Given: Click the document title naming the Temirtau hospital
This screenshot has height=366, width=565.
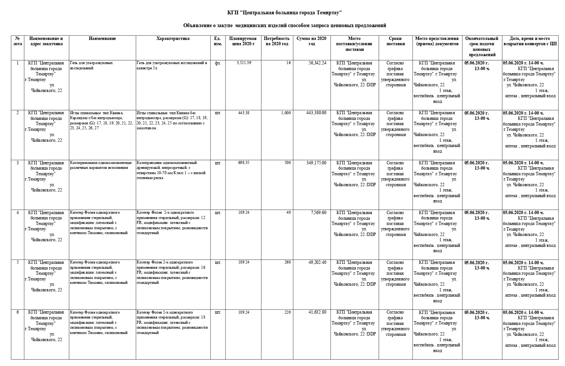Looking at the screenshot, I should coord(285,13).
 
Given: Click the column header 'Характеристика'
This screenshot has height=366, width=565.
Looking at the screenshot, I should coord(173,38).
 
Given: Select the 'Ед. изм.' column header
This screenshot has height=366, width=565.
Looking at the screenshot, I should coord(217,41).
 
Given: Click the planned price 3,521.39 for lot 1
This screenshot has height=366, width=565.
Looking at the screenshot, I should coord(244,63).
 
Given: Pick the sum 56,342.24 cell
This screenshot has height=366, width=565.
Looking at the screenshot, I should coord(317,63).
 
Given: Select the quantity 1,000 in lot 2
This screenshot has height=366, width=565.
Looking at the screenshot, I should coord(286,113).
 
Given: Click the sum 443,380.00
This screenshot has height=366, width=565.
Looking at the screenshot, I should coord(316,113).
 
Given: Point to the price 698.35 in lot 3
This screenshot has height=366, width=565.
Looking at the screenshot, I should coord(244,163).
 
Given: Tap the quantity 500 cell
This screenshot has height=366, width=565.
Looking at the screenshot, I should coord(288,163).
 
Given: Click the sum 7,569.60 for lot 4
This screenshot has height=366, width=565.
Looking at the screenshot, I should coord(318,213).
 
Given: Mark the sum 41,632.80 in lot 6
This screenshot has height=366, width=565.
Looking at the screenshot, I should coord(317,312).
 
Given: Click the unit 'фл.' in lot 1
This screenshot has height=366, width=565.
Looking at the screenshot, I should coord(218,63).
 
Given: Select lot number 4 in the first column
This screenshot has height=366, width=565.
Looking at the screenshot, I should coord(17,213).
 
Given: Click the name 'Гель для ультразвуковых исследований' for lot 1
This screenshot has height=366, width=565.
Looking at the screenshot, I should coord(91,66).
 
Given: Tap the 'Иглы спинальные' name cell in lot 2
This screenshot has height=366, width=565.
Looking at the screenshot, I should coord(101,120).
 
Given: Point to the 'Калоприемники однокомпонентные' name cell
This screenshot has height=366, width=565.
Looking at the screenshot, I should coord(101,165).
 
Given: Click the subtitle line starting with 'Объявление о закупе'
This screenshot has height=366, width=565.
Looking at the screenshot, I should coord(285,26).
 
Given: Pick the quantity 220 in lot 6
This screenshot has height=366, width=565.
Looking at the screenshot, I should coord(288,312).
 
